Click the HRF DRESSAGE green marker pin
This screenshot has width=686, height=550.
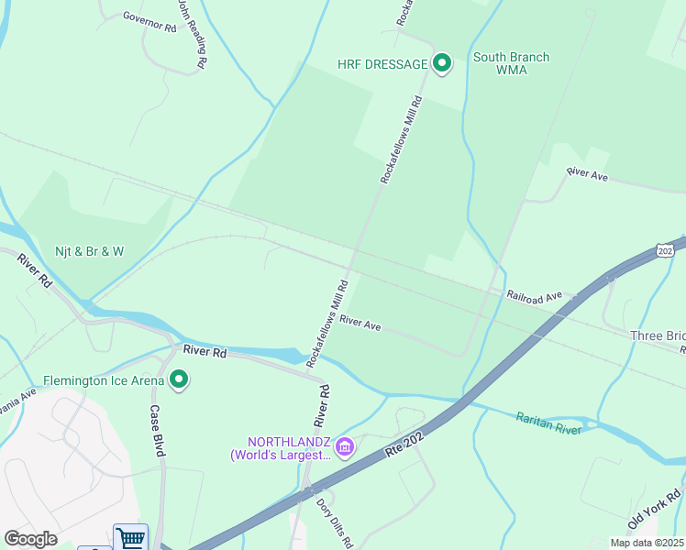tap(442, 63)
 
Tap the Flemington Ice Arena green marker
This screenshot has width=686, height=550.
tap(179, 379)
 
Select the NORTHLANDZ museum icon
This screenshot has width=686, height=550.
tap(345, 447)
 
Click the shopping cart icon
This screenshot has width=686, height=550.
tap(130, 538)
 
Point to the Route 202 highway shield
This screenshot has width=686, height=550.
tap(666, 249)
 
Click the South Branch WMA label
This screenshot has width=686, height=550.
tap(511, 63)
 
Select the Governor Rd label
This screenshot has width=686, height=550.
tap(149, 23)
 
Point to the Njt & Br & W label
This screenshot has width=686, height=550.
tap(88, 250)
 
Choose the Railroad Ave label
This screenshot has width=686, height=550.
tap(534, 296)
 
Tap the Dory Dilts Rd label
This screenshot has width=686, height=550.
tap(335, 522)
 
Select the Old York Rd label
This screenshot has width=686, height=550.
tap(653, 511)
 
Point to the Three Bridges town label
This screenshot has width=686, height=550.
tap(658, 335)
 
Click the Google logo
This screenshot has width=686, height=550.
tap(30, 539)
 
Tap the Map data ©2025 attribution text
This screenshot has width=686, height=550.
tap(646, 543)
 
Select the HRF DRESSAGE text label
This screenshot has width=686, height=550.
tap(382, 64)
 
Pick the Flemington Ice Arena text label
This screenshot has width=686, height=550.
tap(104, 379)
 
